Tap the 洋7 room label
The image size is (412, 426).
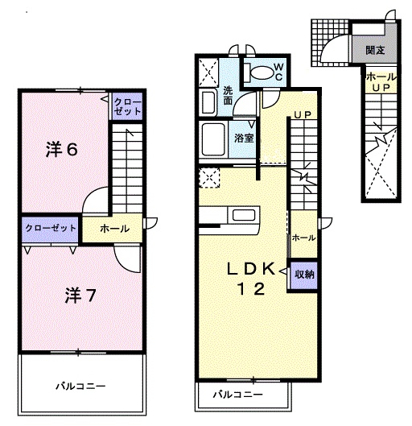coord(80,295)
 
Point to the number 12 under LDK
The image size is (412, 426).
coord(250,291)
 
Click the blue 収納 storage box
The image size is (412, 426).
coord(303,273)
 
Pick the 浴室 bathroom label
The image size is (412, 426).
coord(245,138)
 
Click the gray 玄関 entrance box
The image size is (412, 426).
coord(373,51)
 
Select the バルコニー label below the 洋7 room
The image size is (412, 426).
coord(80,385)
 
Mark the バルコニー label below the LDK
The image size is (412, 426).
coord(237,395)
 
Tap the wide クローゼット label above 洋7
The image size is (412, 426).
coord(50,228)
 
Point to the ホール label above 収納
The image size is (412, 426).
coord(303,238)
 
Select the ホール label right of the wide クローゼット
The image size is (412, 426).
coord(113,229)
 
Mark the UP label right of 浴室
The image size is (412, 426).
coord(303,115)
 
